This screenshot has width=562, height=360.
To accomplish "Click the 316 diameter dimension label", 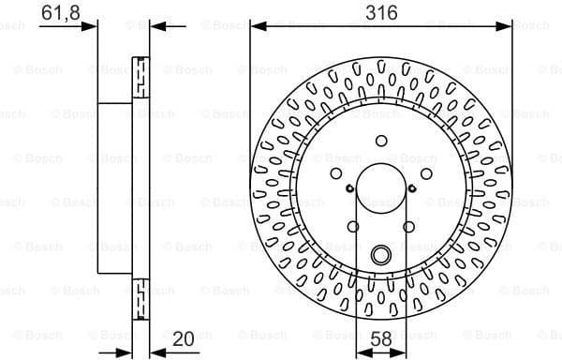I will click(x=380, y=12).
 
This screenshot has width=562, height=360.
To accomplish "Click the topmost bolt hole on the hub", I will click(x=380, y=140).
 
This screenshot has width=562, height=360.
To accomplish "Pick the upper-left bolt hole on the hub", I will click(x=335, y=172).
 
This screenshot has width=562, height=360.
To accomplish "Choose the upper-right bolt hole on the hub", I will click(x=426, y=172).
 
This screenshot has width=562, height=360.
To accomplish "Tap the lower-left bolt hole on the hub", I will click(x=352, y=226).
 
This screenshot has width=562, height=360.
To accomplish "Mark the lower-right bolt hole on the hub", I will click(x=408, y=226).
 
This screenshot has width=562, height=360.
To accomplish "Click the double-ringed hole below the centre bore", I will click(x=380, y=255).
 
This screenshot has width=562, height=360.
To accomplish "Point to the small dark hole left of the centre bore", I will click(x=349, y=187).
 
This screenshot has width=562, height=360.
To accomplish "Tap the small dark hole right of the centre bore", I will click(x=411, y=187).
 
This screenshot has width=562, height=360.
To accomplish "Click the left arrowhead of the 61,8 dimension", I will click(x=91, y=25).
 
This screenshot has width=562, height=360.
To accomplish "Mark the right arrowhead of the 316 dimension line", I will click(x=505, y=25).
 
